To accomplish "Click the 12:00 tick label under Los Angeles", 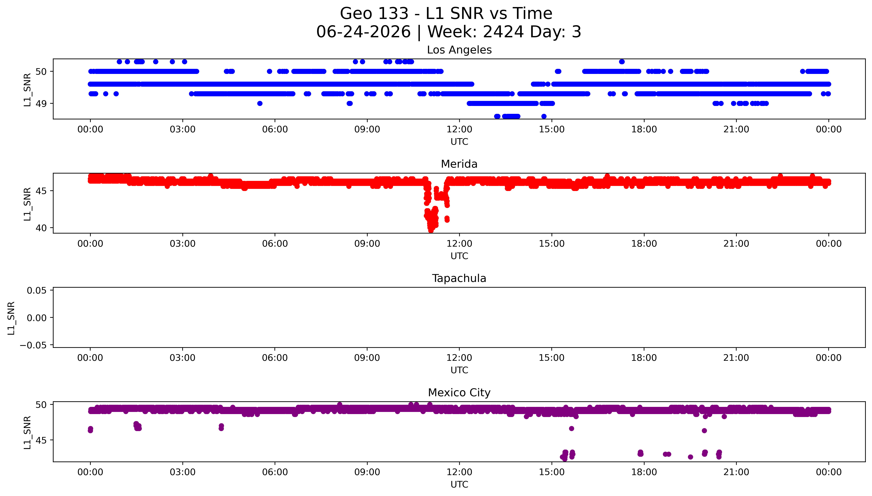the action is (459, 130).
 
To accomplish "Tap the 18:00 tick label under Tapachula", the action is (644, 358).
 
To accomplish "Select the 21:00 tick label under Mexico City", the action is (736, 472).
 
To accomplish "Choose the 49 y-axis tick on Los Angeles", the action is (41, 104).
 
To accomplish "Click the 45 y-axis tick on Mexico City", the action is (41, 440).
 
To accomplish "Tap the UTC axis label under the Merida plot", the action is (459, 256).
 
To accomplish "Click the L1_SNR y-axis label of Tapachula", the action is (11, 318).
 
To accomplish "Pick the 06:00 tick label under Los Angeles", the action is (275, 130).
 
